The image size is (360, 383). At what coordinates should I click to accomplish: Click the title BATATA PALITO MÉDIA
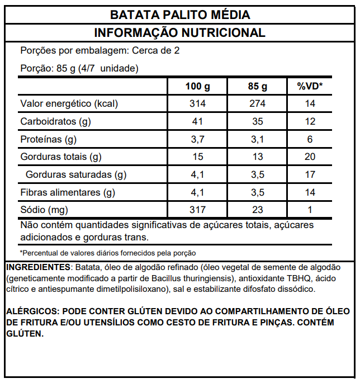click(180, 15)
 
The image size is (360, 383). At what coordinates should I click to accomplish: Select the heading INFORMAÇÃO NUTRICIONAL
click(180, 33)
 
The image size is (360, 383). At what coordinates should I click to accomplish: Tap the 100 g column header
click(197, 87)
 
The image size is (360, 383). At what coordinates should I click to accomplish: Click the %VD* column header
click(310, 87)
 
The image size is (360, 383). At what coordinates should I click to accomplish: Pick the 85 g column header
click(257, 87)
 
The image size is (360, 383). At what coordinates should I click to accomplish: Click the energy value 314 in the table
click(197, 104)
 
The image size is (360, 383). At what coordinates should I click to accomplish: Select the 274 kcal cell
click(257, 104)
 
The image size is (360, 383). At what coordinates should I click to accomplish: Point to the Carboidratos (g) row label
click(56, 121)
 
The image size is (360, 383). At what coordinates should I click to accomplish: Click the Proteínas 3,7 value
click(197, 139)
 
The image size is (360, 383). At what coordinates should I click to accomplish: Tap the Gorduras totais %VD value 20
click(310, 157)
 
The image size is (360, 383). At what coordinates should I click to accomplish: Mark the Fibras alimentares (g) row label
click(68, 193)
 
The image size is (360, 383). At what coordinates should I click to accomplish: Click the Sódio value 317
click(197, 210)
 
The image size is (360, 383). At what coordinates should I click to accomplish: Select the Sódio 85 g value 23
click(257, 210)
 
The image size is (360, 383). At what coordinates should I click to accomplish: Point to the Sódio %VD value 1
click(310, 210)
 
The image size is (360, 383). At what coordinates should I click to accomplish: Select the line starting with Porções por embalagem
click(100, 51)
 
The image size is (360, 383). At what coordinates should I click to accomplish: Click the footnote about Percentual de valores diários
click(108, 253)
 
